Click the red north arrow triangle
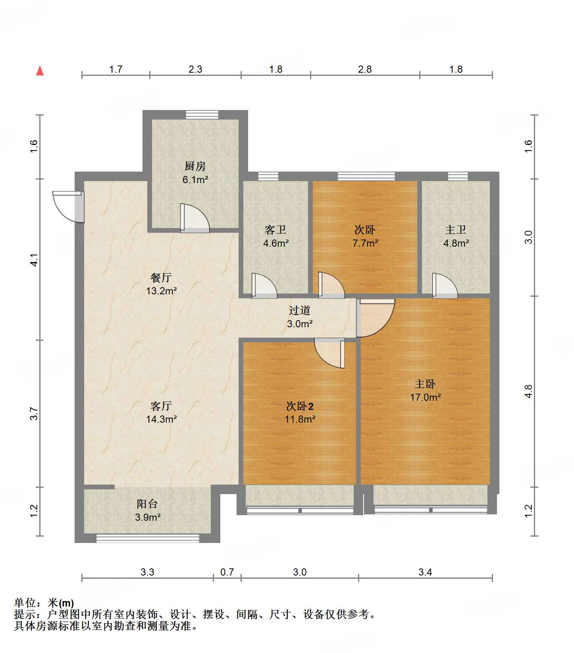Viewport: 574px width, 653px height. (40, 71)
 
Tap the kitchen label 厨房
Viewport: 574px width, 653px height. (195, 166)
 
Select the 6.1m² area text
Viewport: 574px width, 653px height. (195, 180)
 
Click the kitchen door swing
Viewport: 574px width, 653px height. (195, 218)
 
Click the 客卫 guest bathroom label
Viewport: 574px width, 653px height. (275, 230)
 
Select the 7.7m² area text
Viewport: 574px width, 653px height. (365, 243)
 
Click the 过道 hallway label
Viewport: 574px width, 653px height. (299, 310)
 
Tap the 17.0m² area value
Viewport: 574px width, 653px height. (425, 397)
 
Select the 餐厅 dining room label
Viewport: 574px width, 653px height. (161, 277)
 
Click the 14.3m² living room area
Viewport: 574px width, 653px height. (161, 419)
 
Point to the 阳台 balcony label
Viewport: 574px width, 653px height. (147, 504)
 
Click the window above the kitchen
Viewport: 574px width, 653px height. (202, 115)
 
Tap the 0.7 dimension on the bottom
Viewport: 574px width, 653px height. (227, 572)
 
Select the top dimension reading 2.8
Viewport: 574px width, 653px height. (364, 70)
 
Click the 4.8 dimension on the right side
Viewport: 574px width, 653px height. (528, 391)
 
